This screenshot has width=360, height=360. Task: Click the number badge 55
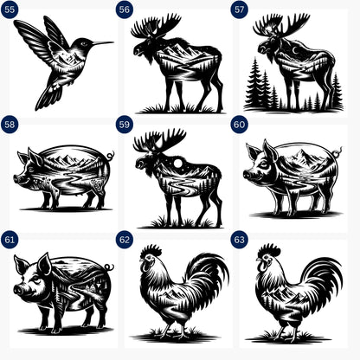click(x=10, y=10)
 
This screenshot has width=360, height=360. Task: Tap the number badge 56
click(x=125, y=10)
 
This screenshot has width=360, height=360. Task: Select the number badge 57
click(x=240, y=10)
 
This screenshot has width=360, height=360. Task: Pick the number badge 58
click(x=10, y=125)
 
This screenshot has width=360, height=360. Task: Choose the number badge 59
click(x=125, y=125)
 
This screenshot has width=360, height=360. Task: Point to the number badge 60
click(x=240, y=125)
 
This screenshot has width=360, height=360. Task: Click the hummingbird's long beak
click(x=101, y=42)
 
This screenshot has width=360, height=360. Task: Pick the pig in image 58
click(x=62, y=177)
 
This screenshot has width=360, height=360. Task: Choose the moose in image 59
click(x=177, y=177)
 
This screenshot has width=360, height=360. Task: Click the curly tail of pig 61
click(x=109, y=267)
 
